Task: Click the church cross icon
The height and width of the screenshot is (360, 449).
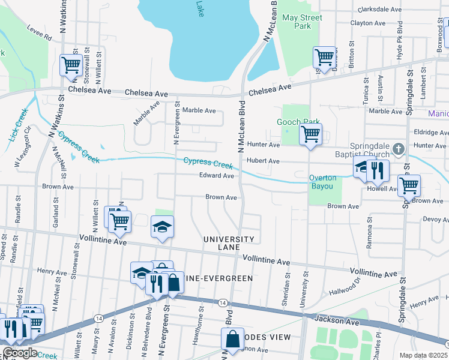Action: (x=397, y=148)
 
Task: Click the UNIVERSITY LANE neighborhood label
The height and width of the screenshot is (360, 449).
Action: (x=229, y=243)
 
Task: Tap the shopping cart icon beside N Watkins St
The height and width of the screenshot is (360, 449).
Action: (x=71, y=64)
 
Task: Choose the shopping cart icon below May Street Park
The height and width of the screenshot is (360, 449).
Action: (x=324, y=58)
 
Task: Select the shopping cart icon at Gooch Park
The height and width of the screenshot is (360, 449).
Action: (x=310, y=134)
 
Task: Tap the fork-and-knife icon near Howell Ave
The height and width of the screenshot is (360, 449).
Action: (x=378, y=170)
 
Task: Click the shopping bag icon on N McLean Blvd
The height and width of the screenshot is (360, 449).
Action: (x=233, y=339)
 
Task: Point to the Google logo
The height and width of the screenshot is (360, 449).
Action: (x=19, y=353)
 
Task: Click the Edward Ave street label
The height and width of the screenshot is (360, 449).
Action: (x=217, y=176)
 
